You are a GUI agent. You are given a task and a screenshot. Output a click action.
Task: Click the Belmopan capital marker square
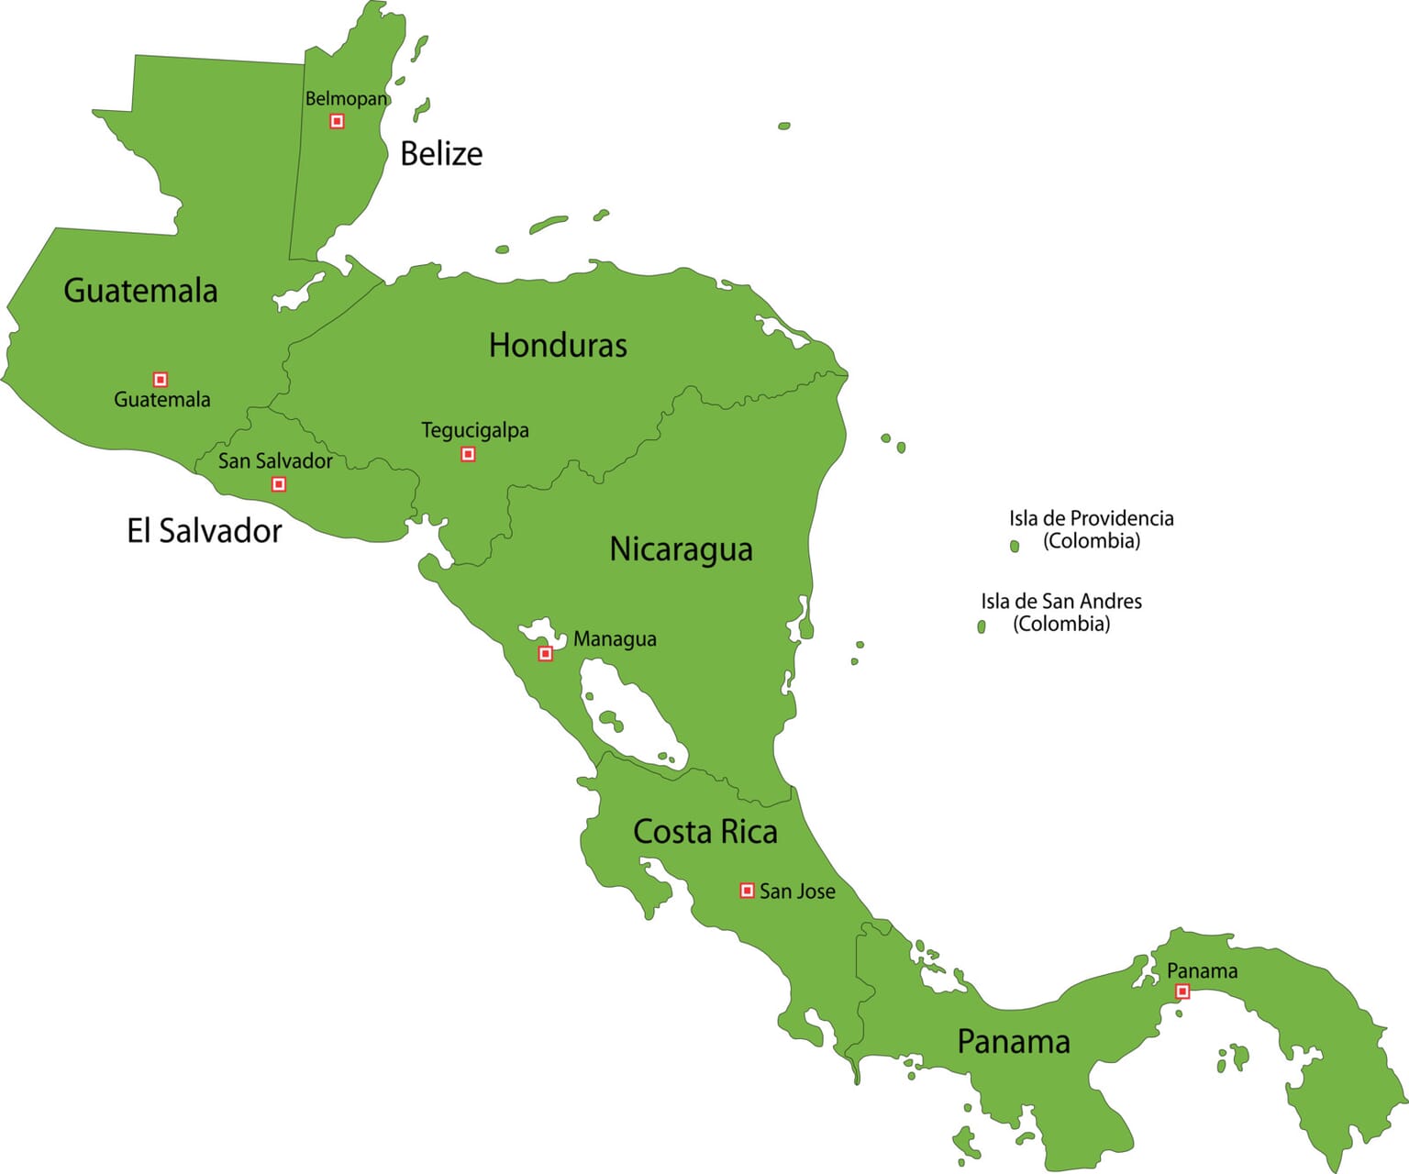tap(337, 121)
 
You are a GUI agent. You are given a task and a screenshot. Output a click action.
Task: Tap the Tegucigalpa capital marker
tap(468, 454)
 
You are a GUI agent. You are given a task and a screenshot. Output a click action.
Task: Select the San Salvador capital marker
tap(279, 484)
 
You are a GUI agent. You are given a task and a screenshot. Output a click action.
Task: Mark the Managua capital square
tap(545, 654)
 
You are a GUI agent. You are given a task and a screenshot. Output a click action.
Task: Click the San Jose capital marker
tap(747, 891)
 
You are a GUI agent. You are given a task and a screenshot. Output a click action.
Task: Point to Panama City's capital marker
tap(1182, 991)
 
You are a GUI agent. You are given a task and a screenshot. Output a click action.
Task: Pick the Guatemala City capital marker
tap(161, 379)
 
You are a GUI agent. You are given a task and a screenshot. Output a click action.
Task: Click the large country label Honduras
tap(558, 346)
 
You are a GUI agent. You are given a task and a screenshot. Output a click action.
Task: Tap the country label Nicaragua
tap(681, 549)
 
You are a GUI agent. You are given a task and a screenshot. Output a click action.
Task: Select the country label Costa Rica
tap(704, 832)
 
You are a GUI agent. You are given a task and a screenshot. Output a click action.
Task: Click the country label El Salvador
tap(204, 531)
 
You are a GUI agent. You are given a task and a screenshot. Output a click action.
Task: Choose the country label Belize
tap(441, 153)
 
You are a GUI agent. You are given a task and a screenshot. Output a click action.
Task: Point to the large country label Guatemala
tap(140, 291)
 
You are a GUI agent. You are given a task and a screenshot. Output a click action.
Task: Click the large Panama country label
tap(1013, 1042)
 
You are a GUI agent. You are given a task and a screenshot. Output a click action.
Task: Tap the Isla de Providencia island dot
tap(1015, 547)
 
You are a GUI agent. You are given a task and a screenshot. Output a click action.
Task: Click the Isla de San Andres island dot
tap(982, 626)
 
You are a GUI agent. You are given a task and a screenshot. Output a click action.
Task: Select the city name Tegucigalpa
tap(474, 430)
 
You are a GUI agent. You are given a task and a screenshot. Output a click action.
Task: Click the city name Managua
tap(615, 639)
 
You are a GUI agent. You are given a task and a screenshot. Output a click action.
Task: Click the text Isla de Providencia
tap(1091, 518)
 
